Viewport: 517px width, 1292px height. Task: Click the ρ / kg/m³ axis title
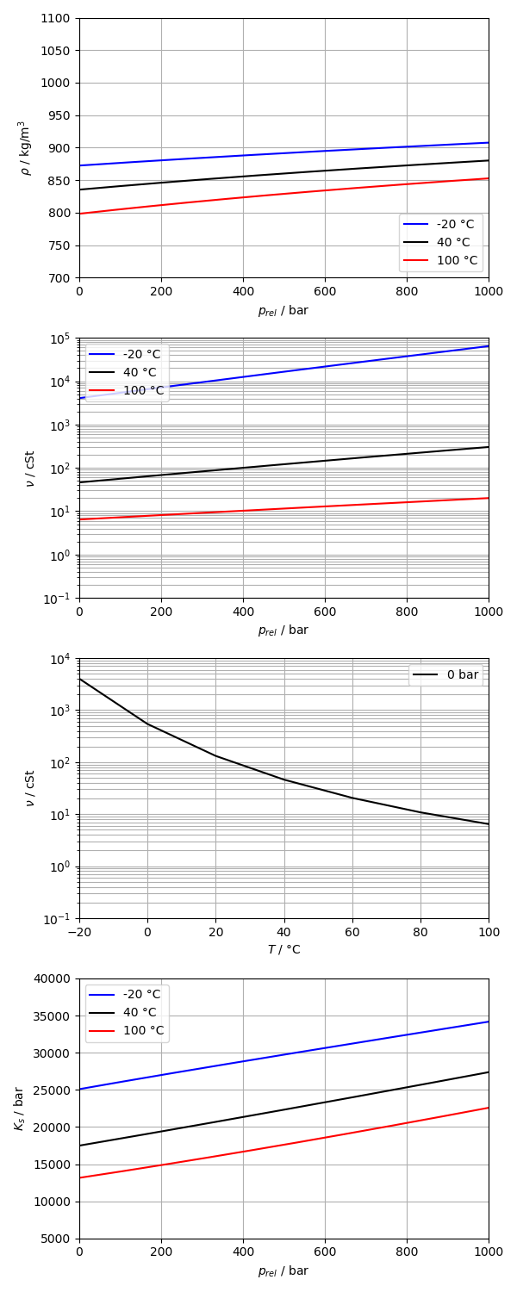25,148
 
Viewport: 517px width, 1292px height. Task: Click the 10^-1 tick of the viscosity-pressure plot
60,599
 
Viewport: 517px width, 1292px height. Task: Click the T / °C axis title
283,949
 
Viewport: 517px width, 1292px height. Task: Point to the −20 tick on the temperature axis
79,932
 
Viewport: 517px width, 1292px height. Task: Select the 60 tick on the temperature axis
352,932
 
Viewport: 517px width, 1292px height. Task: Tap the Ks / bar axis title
19,1108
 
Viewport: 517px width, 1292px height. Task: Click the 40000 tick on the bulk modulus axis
54,978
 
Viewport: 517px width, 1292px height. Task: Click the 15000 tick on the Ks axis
54,1165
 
